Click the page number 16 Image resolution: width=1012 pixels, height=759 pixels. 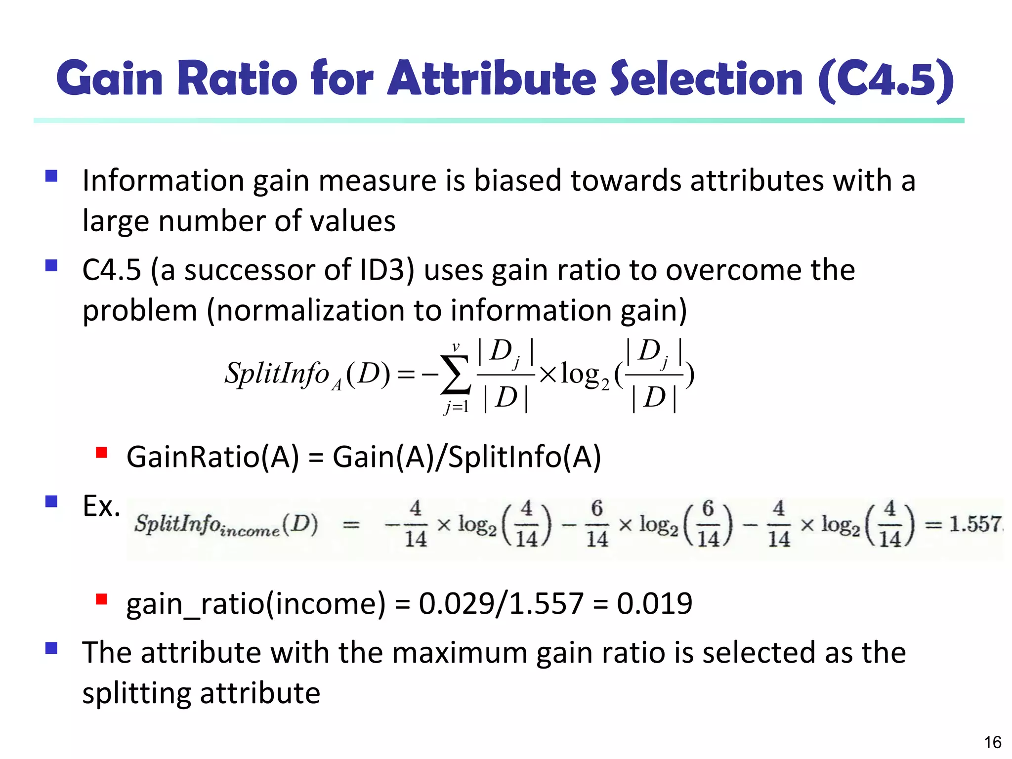pos(992,742)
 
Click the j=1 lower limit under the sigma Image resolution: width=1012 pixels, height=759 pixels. pos(456,407)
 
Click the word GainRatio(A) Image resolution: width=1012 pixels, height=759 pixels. pos(213,457)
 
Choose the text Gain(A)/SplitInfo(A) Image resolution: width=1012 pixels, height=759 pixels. pos(466,457)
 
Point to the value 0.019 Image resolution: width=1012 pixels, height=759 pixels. pos(654,603)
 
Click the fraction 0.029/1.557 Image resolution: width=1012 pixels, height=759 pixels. pos(501,603)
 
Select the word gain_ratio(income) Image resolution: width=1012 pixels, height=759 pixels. pos(256,604)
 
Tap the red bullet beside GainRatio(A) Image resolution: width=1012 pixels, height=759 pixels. pos(102,453)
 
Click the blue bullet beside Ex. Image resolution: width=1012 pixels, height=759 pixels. pos(51,502)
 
